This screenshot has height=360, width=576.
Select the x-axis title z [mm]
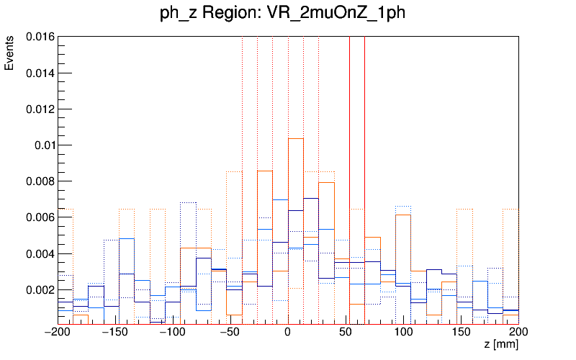click(500, 346)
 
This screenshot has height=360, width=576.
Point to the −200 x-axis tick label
click(58, 333)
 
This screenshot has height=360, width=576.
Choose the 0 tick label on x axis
click(288, 333)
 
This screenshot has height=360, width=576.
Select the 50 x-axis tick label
click(346, 333)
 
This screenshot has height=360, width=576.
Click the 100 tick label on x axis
click(403, 333)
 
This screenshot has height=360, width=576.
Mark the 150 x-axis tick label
click(461, 333)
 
